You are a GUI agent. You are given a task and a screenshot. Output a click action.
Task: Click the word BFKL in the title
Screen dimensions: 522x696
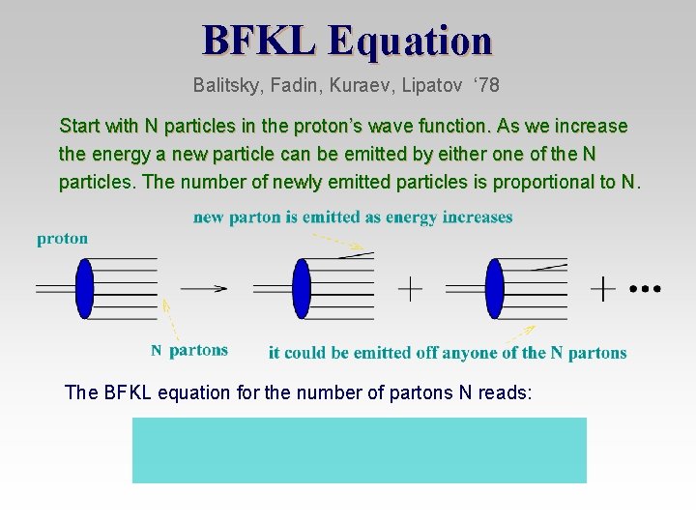[x=259, y=41]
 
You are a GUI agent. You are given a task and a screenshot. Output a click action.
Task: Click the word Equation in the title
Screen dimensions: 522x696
[x=410, y=41]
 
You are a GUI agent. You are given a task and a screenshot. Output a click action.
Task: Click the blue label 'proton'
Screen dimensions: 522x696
[x=63, y=239]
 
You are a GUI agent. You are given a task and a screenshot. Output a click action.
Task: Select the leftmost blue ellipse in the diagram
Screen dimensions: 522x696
[x=85, y=288]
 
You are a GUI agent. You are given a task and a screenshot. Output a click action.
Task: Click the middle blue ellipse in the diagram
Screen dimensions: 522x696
[x=302, y=288]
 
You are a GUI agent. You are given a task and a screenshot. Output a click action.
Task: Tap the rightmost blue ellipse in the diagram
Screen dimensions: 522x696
[x=495, y=288]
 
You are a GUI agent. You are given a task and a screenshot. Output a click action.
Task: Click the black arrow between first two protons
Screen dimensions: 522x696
[x=204, y=288]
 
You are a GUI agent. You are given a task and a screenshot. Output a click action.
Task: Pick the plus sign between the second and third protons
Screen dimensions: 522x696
[x=410, y=288]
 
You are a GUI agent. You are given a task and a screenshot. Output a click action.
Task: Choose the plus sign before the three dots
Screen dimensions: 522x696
[x=603, y=288]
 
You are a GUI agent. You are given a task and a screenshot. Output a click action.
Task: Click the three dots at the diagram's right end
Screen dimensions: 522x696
[x=645, y=288]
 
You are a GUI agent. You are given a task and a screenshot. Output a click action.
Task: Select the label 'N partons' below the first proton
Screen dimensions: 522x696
[x=189, y=350]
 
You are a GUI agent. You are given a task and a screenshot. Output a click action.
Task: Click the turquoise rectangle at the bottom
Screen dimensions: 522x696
[x=359, y=449]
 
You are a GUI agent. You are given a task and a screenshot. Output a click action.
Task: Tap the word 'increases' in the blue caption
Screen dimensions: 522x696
[x=478, y=217]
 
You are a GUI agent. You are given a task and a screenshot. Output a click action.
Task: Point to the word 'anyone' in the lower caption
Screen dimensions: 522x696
[x=469, y=353]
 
